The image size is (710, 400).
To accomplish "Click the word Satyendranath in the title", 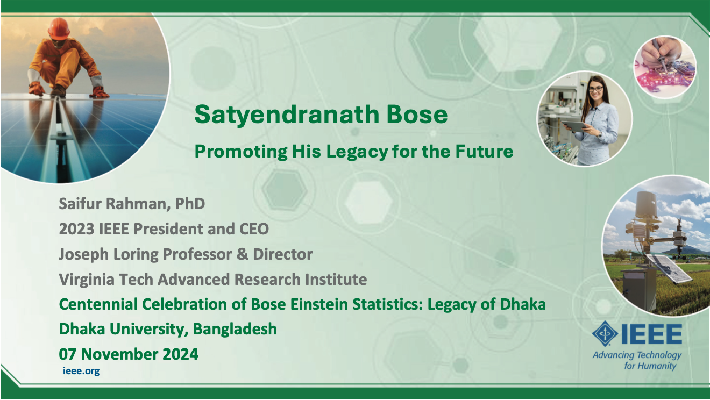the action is (287, 115).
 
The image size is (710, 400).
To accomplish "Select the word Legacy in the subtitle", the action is (357, 152).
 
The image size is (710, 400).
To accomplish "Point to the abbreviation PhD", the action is (190, 204).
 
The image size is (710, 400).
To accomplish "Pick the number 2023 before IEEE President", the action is (76, 229).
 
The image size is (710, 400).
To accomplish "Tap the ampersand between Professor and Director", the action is (243, 254).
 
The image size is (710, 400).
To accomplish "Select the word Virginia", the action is (87, 280).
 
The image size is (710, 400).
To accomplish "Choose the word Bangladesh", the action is (235, 329).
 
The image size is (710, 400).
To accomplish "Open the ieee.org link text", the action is (81, 371).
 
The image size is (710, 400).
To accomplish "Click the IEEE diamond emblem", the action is (605, 334).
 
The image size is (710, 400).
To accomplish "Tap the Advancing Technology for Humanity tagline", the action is (637, 360).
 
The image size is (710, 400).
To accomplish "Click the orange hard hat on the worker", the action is (59, 28).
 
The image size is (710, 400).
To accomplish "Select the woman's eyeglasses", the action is (595, 89).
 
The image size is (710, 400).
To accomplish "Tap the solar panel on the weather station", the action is (669, 269).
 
